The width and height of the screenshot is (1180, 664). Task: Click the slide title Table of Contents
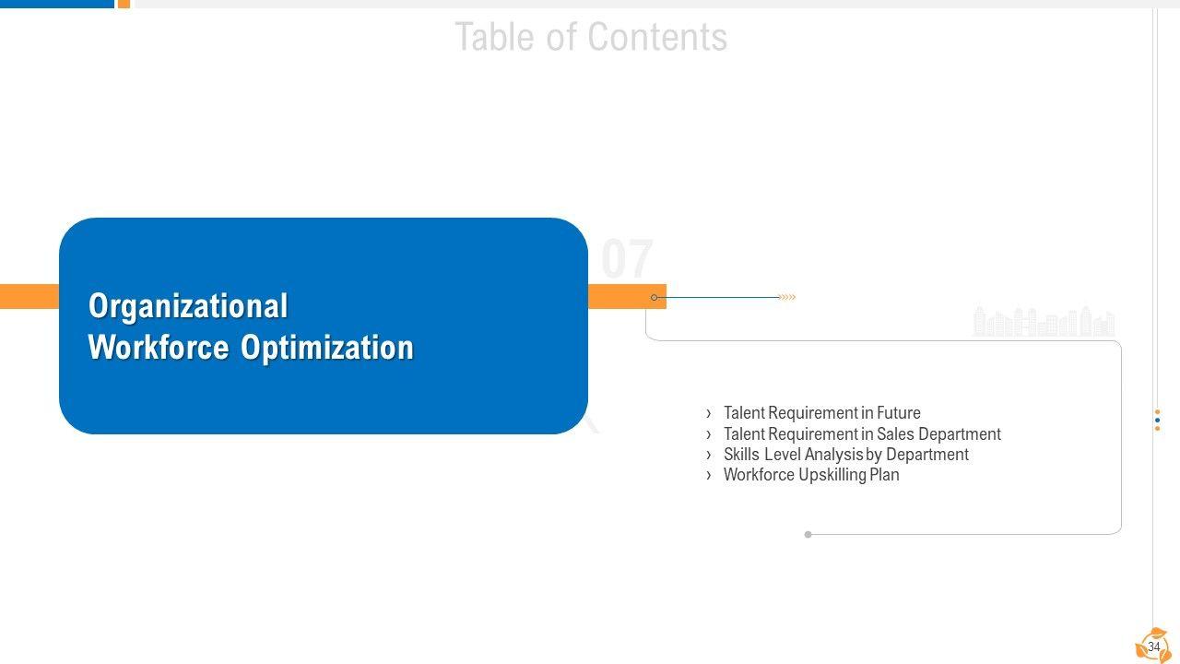click(591, 38)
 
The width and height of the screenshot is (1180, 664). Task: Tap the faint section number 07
click(627, 259)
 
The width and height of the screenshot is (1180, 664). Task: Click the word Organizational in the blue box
click(188, 306)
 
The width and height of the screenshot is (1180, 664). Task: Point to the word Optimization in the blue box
click(327, 348)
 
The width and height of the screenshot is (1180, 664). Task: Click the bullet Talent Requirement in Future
click(821, 413)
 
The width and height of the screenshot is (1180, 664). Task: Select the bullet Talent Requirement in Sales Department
click(862, 433)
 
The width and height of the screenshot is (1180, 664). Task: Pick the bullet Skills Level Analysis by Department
click(845, 454)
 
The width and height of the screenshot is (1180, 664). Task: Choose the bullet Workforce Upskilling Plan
click(811, 475)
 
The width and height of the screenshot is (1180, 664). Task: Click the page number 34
click(1153, 646)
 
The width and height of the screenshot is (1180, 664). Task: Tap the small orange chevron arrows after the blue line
click(786, 297)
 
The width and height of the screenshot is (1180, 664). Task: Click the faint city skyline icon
click(1044, 322)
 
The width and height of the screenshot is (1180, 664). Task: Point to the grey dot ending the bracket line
click(808, 534)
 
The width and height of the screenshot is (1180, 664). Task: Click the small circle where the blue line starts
click(654, 297)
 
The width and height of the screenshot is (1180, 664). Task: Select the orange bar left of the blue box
click(29, 296)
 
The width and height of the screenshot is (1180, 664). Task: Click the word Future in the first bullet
click(899, 413)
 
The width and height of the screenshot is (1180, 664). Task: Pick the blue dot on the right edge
click(1157, 420)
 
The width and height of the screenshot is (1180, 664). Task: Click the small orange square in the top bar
click(124, 4)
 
